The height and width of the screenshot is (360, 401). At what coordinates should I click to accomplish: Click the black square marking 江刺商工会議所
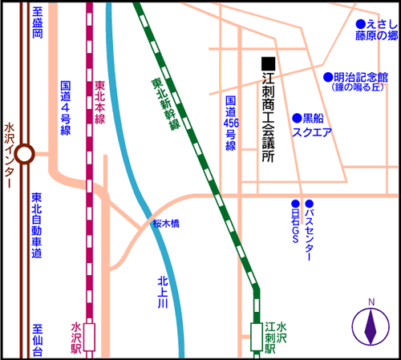pos(269,63)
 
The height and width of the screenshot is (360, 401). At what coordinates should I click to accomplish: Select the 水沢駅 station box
pos(89,338)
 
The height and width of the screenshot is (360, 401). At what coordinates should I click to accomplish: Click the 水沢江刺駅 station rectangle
pos(257,337)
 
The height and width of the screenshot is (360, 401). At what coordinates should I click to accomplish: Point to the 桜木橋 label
pos(166,224)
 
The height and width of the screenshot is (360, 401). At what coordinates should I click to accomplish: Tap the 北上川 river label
pos(163,293)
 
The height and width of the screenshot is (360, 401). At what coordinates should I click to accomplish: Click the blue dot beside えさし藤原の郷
pos(361,24)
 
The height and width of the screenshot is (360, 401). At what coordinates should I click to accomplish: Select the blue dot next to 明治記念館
pos(328,77)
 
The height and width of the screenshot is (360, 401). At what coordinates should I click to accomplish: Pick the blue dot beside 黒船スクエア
pos(297,118)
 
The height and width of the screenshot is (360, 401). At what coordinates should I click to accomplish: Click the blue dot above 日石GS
pos(295,204)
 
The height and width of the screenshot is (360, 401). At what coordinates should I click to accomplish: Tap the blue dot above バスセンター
pos(310,204)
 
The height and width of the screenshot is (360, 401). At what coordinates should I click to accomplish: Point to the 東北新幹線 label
pos(166,104)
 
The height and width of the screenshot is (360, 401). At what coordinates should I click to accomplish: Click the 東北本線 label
pos(100,103)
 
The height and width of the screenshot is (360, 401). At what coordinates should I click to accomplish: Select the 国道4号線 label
pos(66,108)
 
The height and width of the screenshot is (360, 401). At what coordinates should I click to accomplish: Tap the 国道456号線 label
pos(231,123)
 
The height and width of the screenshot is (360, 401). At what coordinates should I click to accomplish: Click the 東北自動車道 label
pos(37,225)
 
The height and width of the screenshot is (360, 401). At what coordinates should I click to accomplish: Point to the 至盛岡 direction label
pos(38,22)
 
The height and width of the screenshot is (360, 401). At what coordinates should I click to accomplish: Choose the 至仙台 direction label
pos(38,340)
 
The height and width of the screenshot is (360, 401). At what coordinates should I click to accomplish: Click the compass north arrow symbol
pos(371,326)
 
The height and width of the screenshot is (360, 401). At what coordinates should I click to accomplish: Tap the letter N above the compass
pos(371,302)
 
